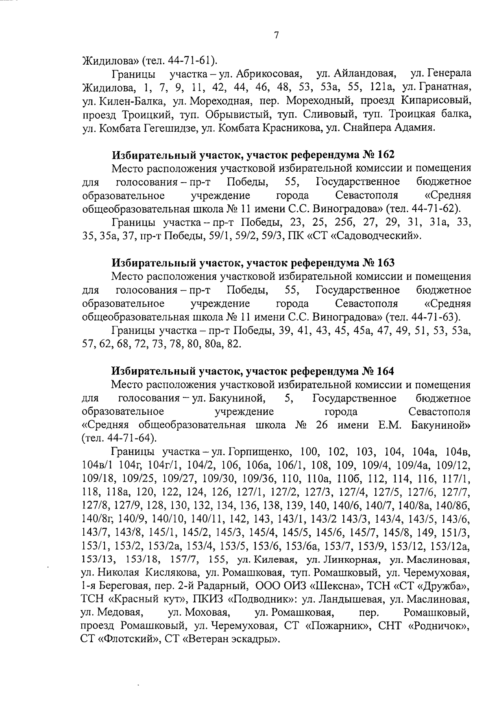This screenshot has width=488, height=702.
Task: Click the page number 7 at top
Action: tap(276, 36)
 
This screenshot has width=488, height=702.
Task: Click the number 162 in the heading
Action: tap(386, 155)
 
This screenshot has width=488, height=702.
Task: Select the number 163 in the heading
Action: tap(386, 263)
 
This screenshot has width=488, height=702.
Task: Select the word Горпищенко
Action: tap(259, 452)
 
